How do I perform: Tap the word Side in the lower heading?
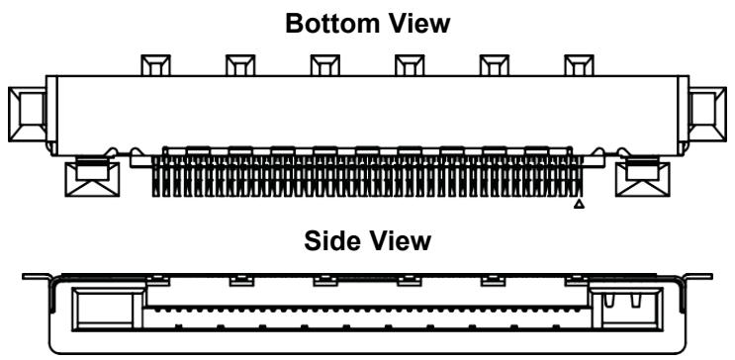pos(331,241)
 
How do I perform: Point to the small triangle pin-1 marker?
pos(580,204)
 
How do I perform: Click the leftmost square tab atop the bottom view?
pos(155,65)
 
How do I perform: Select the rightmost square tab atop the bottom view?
pos(579,65)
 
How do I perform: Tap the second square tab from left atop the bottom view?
pos(240,65)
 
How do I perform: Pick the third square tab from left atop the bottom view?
pos(325,65)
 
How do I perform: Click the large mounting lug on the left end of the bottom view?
pos(27,115)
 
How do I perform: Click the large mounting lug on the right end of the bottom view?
pos(707,115)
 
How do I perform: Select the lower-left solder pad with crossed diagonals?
pos(92,179)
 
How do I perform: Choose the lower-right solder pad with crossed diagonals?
pos(643,179)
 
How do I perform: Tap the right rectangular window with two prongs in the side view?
pos(627,309)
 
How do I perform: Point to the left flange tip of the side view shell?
pos(24,277)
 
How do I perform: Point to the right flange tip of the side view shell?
pos(710,277)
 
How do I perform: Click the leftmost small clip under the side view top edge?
pos(157,280)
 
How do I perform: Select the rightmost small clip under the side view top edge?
pos(577,280)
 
